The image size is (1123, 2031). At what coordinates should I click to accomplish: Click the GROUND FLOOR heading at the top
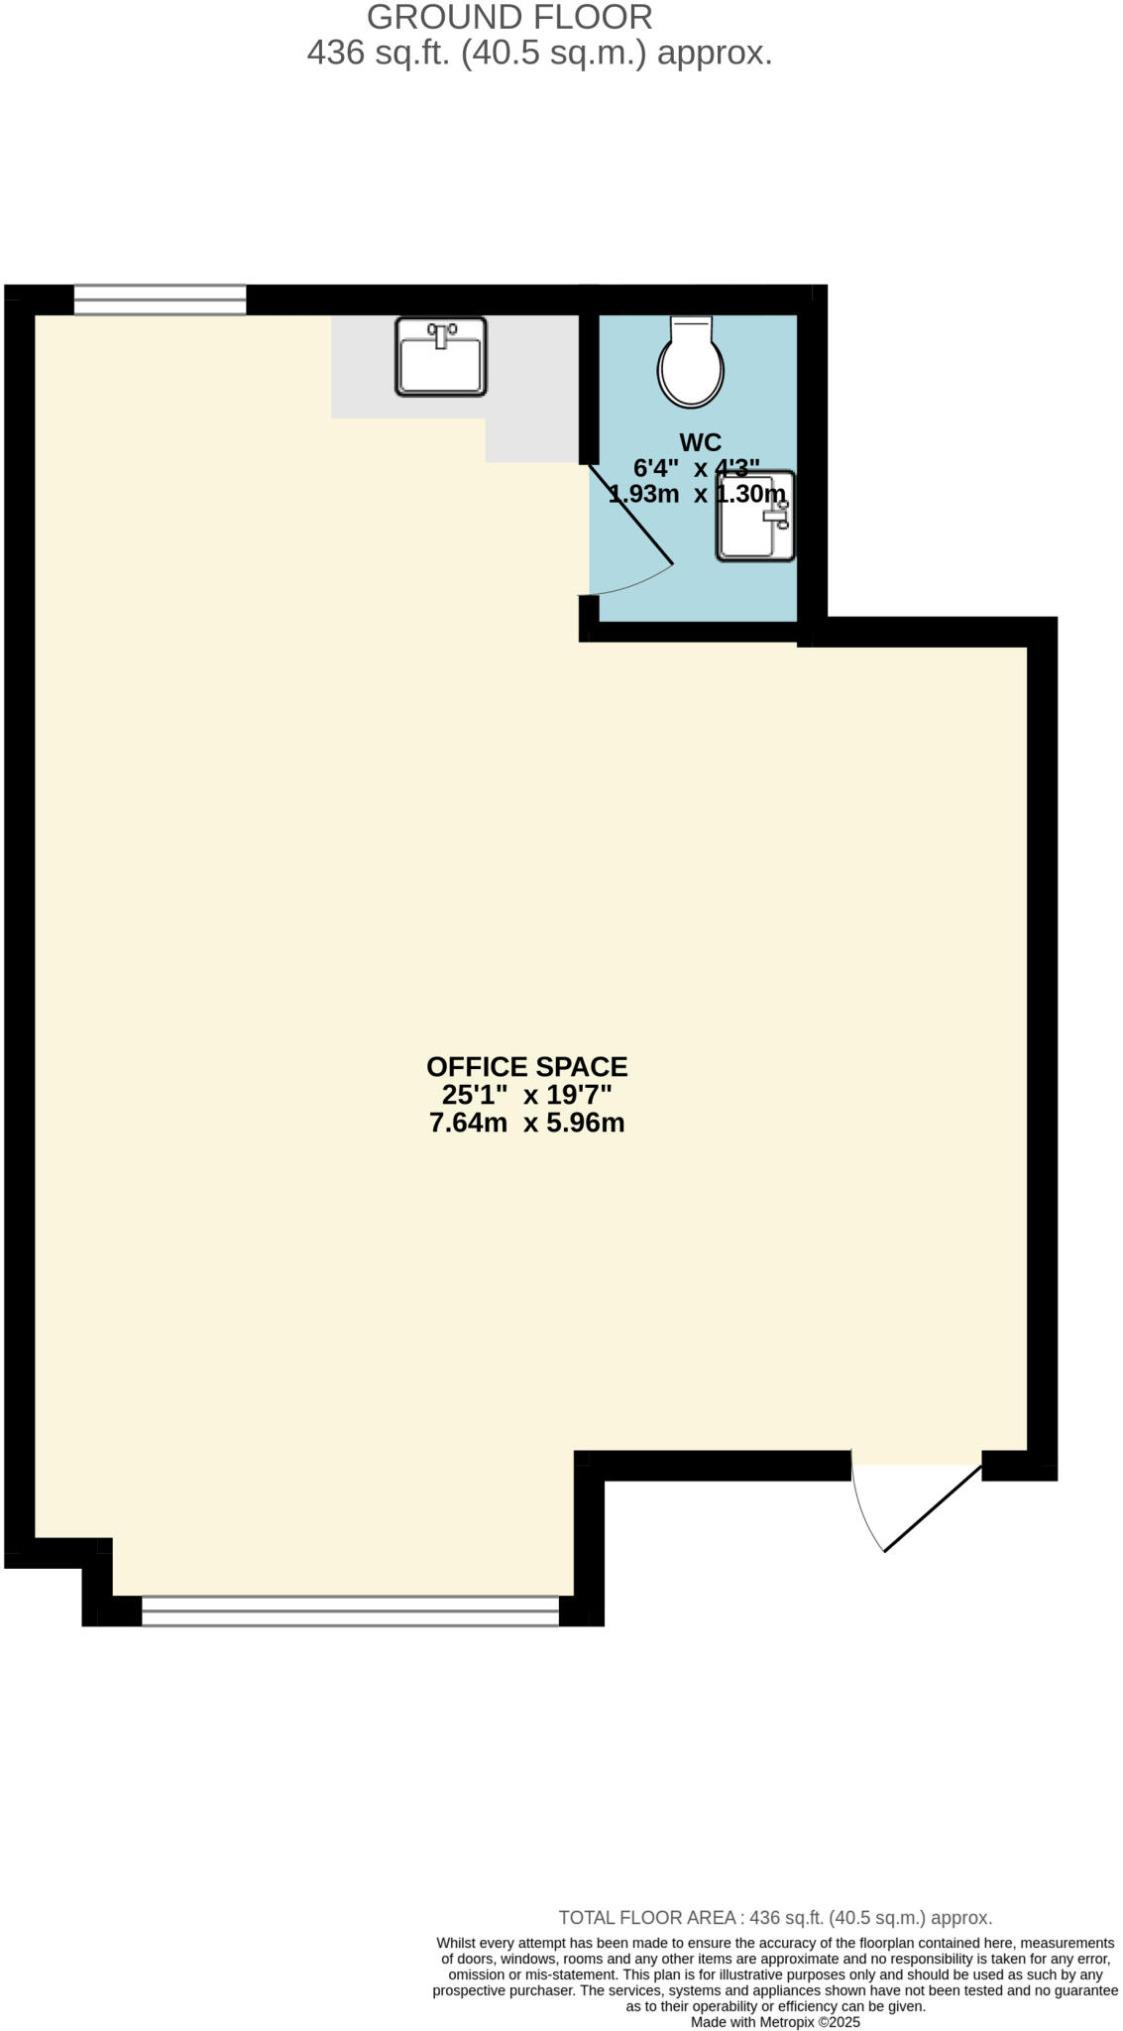[509, 17]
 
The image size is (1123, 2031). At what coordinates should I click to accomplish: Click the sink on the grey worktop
[441, 357]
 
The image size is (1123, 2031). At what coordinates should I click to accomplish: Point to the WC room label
[700, 441]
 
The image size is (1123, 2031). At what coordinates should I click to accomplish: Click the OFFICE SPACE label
[526, 1067]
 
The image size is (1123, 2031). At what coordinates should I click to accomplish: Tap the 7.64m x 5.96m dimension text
[526, 1123]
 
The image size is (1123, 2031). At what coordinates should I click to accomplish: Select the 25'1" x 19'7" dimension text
[526, 1095]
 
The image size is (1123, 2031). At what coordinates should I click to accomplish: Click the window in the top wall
[160, 299]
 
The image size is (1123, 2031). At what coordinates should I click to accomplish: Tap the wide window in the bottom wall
[350, 1611]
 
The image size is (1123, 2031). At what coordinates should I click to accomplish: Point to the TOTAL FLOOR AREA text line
[775, 1918]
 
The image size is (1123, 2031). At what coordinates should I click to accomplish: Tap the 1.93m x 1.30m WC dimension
[697, 493]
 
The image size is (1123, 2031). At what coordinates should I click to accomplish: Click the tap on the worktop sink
[441, 333]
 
